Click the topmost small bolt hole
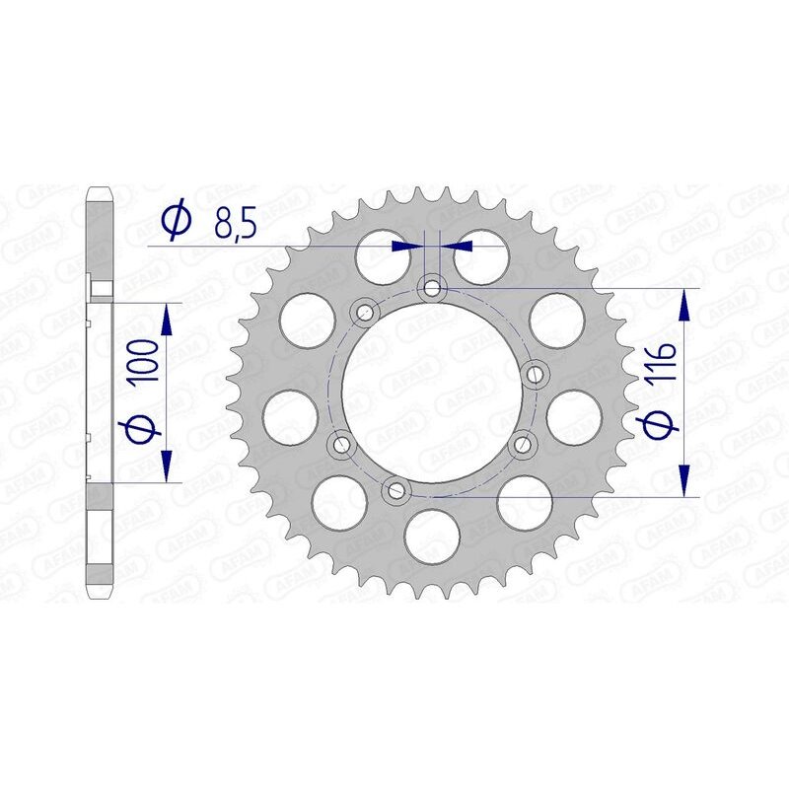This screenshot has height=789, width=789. tap(431, 288)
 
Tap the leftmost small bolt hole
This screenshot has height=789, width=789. tap(339, 445)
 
